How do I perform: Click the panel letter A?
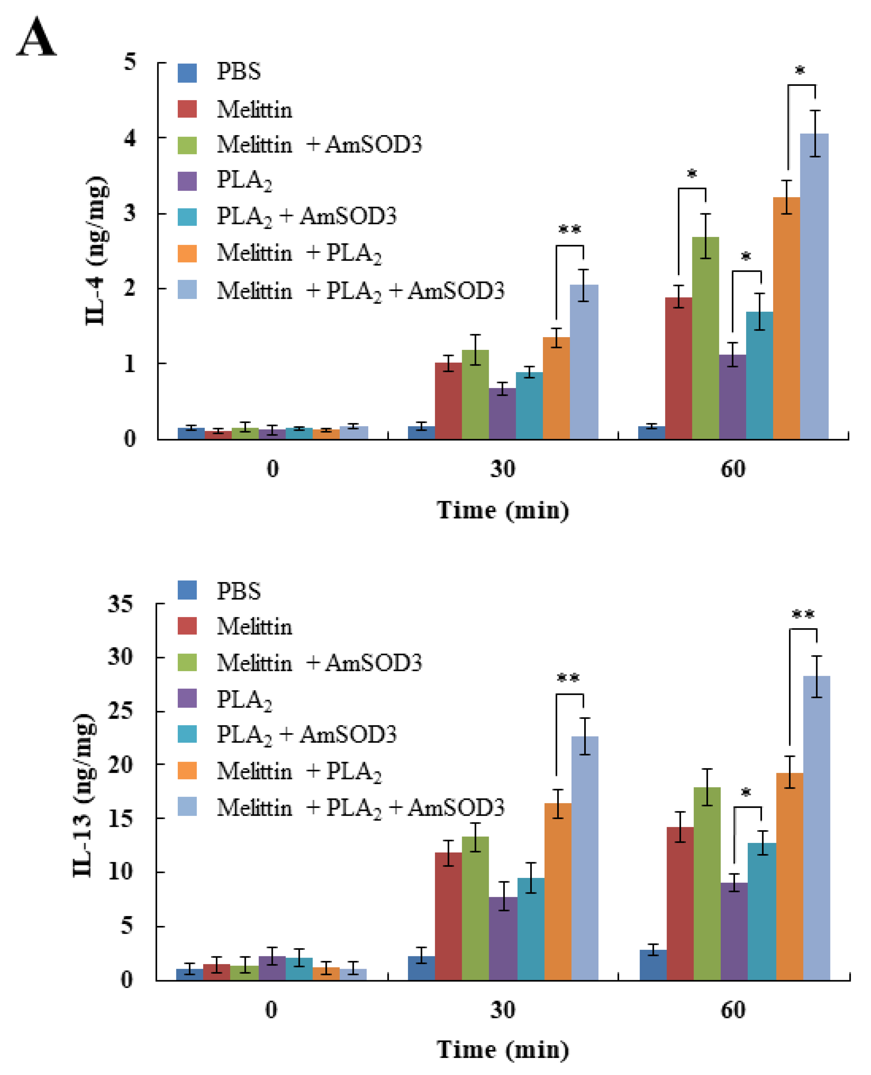coord(36,37)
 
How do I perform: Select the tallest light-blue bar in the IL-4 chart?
coord(813,286)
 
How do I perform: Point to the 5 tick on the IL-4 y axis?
coord(130,62)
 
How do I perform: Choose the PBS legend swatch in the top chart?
coord(187,73)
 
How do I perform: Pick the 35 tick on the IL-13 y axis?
coord(120,604)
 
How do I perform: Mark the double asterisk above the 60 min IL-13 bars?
coord(803,614)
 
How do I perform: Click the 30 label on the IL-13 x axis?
coord(502,1009)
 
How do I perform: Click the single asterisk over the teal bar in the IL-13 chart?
coord(746,792)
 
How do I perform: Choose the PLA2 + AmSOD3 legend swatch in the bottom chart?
coord(187,734)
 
